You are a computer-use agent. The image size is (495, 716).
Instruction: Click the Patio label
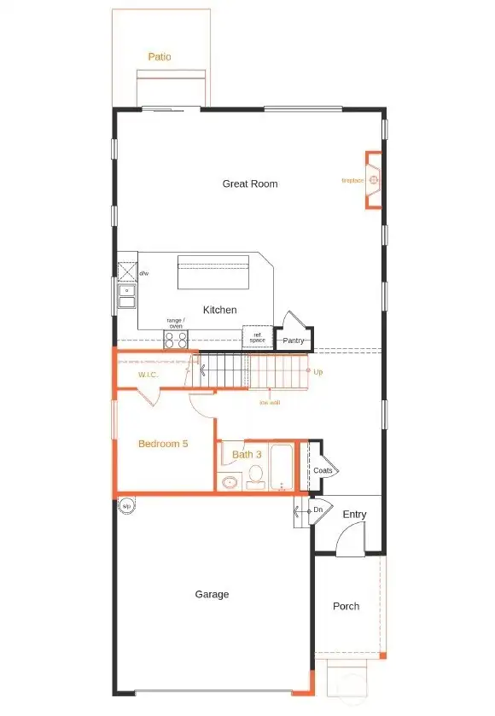159,57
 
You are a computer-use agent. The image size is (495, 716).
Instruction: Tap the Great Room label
250,183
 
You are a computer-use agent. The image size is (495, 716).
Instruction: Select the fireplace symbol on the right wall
373,180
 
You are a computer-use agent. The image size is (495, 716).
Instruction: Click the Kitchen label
219,310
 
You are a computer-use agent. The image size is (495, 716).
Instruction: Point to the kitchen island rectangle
213,274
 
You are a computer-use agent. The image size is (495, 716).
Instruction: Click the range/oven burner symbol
175,340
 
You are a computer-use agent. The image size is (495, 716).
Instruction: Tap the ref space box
258,338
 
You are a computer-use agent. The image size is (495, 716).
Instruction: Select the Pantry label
294,341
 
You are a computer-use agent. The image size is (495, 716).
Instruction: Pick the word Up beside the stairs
318,372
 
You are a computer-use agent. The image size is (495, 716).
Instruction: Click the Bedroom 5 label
163,444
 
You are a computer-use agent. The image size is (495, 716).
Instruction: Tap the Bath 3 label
247,454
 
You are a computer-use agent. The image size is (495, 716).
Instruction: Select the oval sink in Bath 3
229,483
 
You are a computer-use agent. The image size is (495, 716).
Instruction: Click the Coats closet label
323,470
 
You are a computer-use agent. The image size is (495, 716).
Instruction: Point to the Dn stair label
317,509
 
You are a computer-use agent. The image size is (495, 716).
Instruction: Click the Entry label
354,515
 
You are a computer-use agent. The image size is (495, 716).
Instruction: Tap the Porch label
346,606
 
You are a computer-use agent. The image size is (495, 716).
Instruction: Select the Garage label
212,594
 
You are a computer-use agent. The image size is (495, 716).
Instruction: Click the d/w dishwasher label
144,273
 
